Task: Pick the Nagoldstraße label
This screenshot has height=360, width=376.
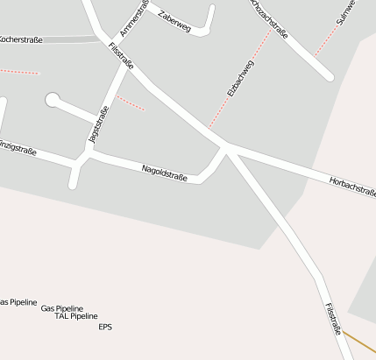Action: (x=164, y=173)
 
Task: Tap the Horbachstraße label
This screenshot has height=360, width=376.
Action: (x=352, y=185)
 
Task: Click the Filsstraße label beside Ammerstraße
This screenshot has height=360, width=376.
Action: (x=121, y=56)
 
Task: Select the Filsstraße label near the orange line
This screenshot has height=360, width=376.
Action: (x=332, y=320)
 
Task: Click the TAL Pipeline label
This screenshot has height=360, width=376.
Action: (x=76, y=316)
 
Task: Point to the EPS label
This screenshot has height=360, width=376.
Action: (x=105, y=328)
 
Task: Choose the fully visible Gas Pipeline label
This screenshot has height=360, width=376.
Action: (x=62, y=308)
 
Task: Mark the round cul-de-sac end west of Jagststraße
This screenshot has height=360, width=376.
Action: (x=53, y=101)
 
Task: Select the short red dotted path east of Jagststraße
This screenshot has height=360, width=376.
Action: (x=130, y=102)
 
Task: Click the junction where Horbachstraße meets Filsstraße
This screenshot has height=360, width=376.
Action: (x=226, y=146)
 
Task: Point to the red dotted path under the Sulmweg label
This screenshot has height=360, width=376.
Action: (x=326, y=39)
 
